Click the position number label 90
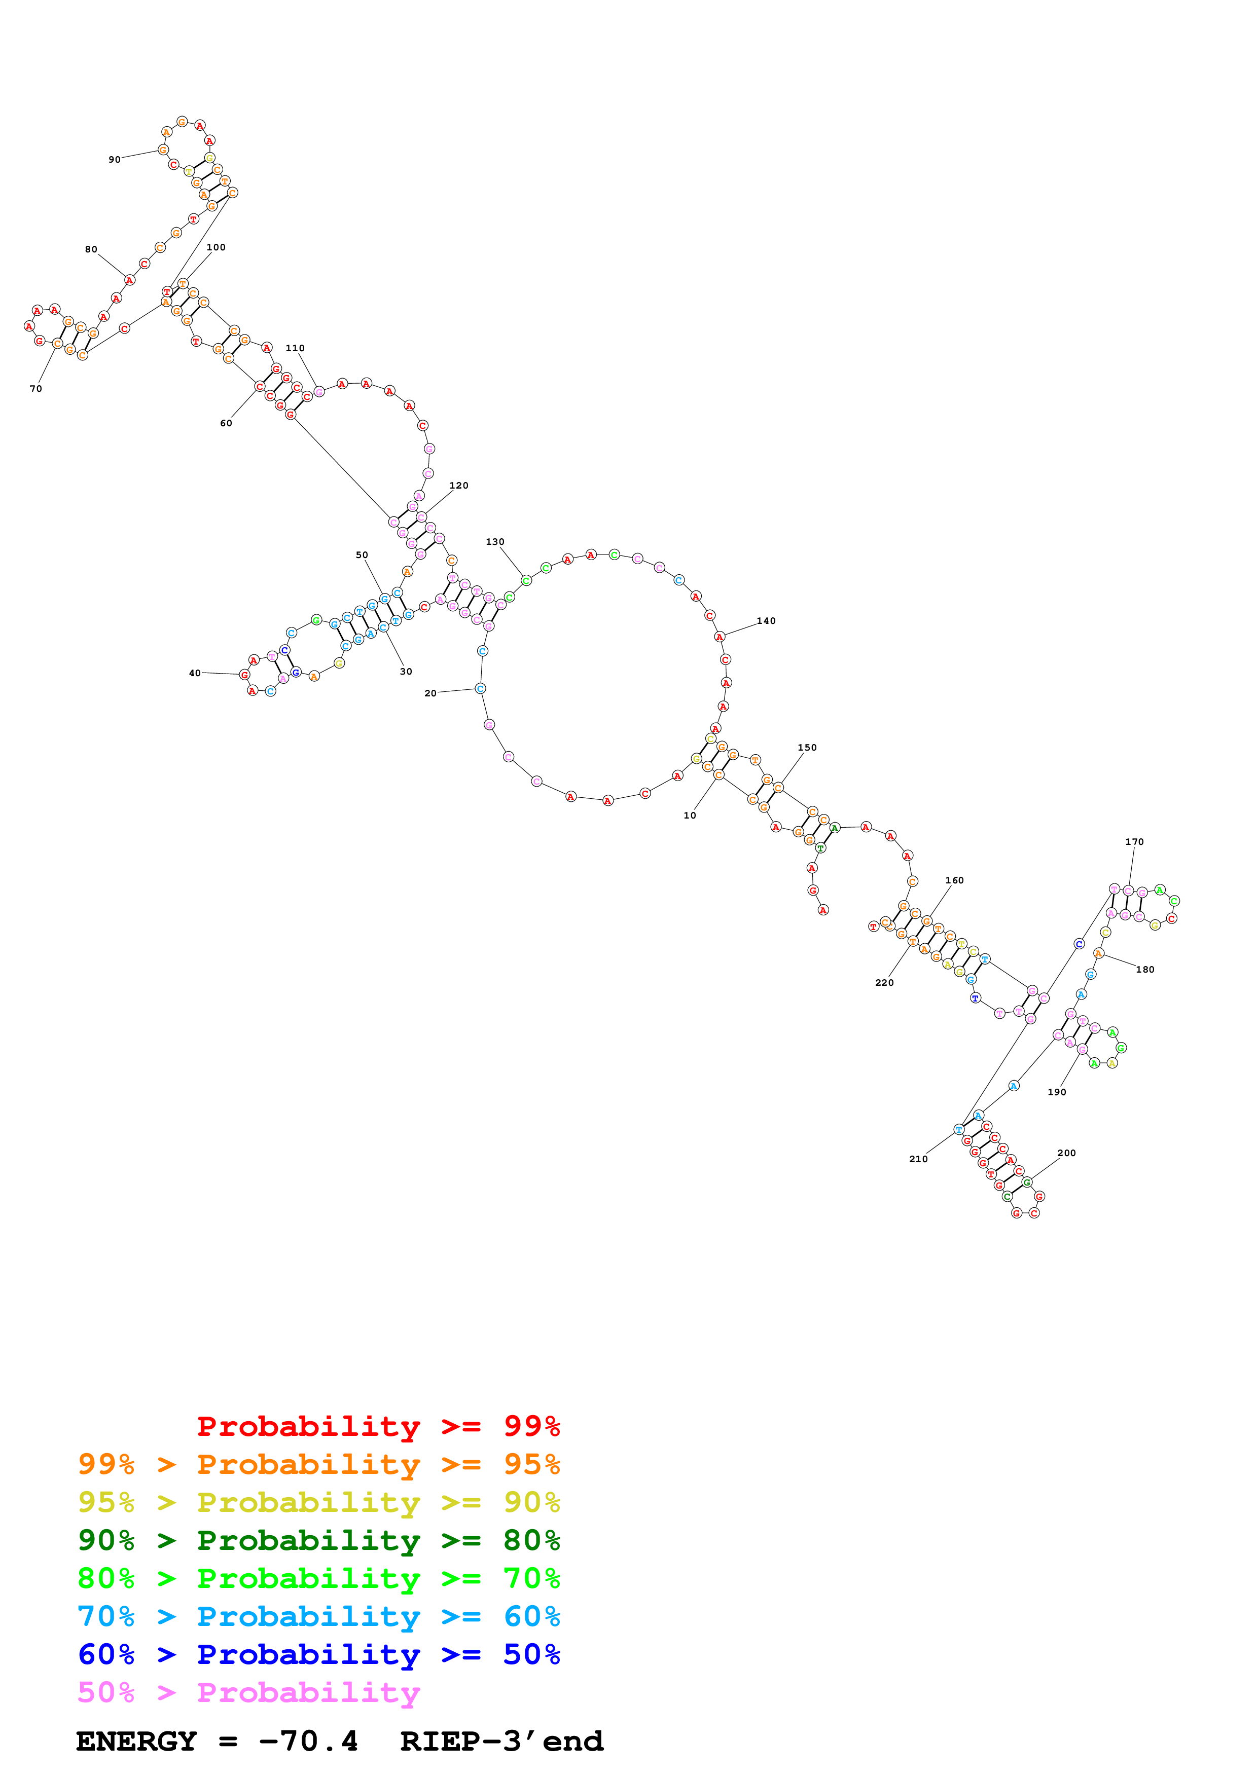[x=115, y=160]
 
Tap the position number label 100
[x=216, y=248]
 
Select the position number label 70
[x=35, y=389]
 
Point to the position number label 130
[x=495, y=542]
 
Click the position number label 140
[x=766, y=621]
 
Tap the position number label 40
[x=195, y=674]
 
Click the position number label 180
[x=1145, y=970]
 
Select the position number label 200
[x=1066, y=1153]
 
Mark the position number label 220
[x=884, y=983]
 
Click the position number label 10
[x=689, y=816]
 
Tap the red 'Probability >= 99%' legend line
[x=378, y=1426]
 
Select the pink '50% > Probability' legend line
[x=248, y=1692]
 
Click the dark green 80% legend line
[x=319, y=1540]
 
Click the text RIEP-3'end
[x=501, y=1742]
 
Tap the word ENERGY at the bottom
[x=136, y=1742]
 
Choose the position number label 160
[x=954, y=880]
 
